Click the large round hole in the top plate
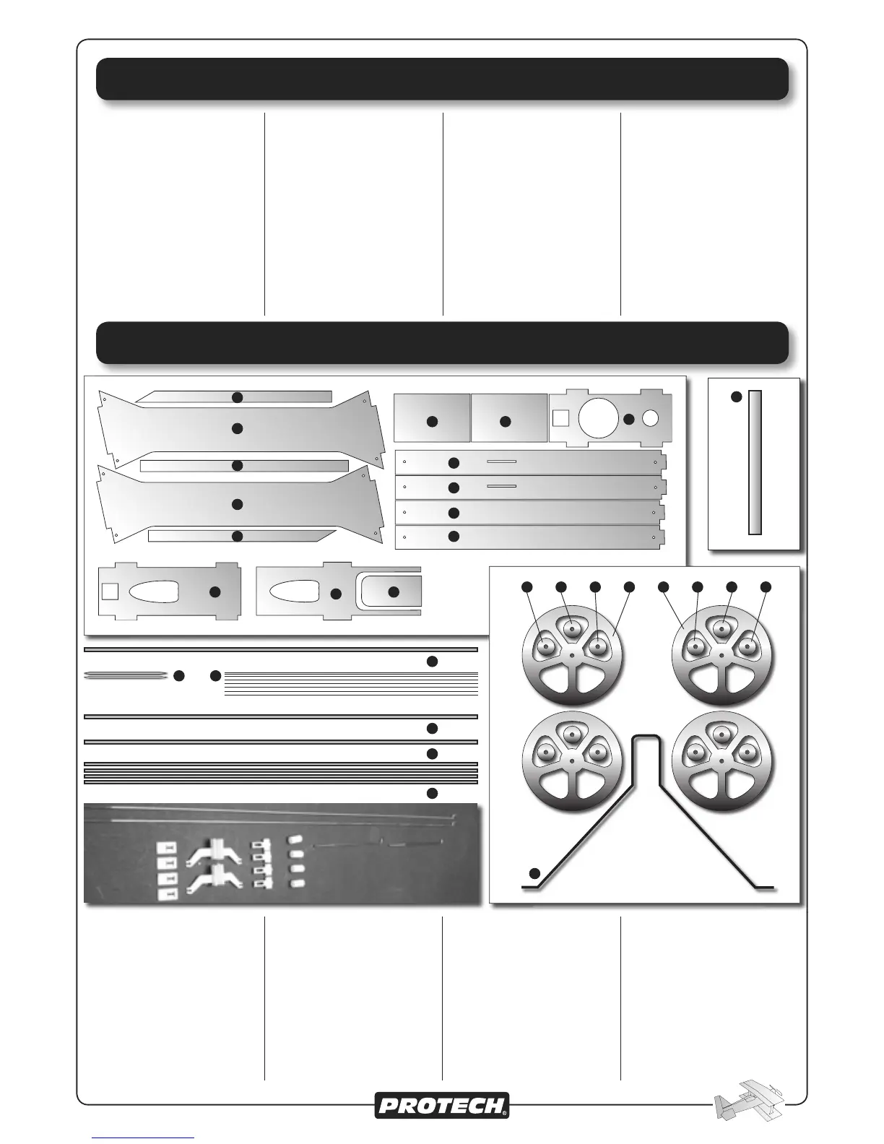pyautogui.click(x=598, y=417)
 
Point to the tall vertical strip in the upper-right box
pyautogui.click(x=755, y=462)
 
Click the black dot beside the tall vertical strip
pyautogui.click(x=736, y=396)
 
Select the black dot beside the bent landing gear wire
pyautogui.click(x=534, y=872)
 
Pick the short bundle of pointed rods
pyautogui.click(x=126, y=675)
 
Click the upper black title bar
pyautogui.click(x=442, y=79)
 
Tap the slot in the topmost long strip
pyautogui.click(x=501, y=461)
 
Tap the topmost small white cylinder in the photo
pyautogui.click(x=293, y=840)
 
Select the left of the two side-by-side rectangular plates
pyautogui.click(x=432, y=417)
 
